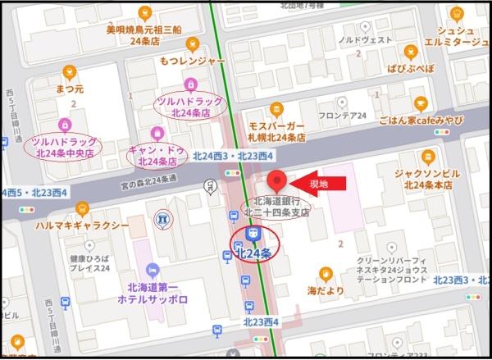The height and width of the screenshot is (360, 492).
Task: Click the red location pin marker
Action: pyautogui.click(x=276, y=180)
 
